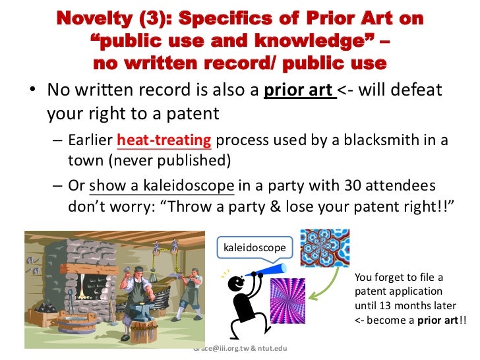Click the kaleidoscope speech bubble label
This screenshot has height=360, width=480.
(x=253, y=249)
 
